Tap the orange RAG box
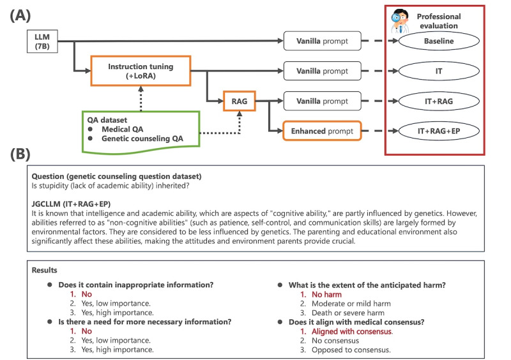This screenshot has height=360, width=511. [x=234, y=100]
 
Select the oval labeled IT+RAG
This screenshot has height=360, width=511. [x=439, y=100]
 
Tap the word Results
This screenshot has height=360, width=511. [x=45, y=271]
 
